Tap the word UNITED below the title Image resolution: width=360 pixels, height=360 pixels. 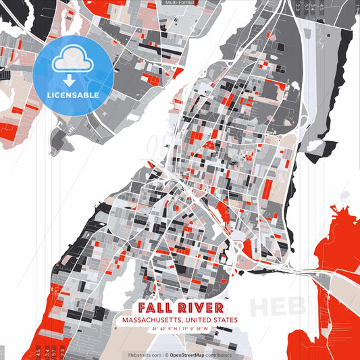pyautogui.click(x=198, y=320)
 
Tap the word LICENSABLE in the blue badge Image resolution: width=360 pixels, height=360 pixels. pyautogui.click(x=73, y=95)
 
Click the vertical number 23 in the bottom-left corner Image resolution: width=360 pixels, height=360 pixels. pyautogui.click(x=63, y=353)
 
